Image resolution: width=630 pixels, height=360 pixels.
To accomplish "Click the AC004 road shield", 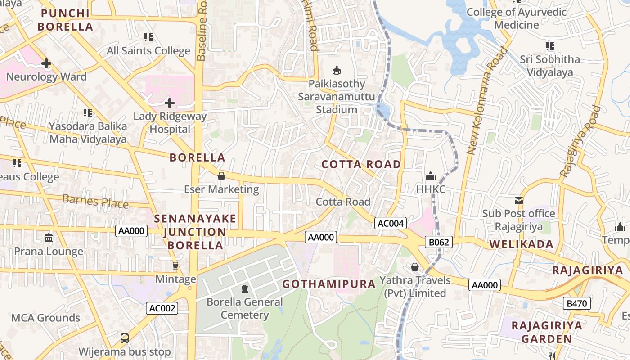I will [x=391, y=223].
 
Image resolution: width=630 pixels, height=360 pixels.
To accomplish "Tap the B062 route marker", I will [x=439, y=243].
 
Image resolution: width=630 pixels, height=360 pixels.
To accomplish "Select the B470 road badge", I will [x=576, y=304].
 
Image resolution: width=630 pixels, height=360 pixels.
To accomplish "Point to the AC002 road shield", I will [x=162, y=308].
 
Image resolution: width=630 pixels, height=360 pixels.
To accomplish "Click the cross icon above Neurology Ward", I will [x=46, y=63].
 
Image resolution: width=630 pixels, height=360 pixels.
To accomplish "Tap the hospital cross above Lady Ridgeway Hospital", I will [x=170, y=103].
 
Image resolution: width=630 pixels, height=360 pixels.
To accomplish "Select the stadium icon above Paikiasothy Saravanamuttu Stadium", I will [x=336, y=70].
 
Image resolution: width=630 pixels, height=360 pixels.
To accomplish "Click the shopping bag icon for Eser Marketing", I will [x=221, y=176].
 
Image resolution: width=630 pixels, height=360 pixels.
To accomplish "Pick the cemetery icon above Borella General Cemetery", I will [x=245, y=288].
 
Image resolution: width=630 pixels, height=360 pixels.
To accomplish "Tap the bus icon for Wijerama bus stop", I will [x=125, y=338].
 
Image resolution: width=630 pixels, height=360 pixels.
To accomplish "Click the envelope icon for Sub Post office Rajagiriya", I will [x=519, y=200].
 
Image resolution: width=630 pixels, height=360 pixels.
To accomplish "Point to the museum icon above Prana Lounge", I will [x=49, y=238].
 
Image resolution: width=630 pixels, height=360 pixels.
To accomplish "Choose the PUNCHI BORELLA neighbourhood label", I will [x=65, y=20].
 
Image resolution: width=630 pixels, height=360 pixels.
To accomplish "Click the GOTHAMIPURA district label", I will [x=328, y=284].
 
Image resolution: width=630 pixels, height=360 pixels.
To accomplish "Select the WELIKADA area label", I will [x=521, y=244].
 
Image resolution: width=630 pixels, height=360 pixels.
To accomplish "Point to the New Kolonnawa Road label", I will [x=487, y=101].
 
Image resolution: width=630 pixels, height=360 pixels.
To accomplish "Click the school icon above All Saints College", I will [x=148, y=37].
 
